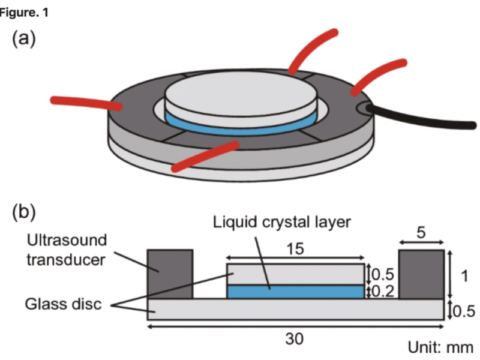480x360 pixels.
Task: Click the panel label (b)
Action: tap(24, 212)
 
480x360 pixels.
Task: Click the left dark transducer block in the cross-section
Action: tap(170, 274)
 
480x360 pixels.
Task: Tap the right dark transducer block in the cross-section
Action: tap(421, 274)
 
